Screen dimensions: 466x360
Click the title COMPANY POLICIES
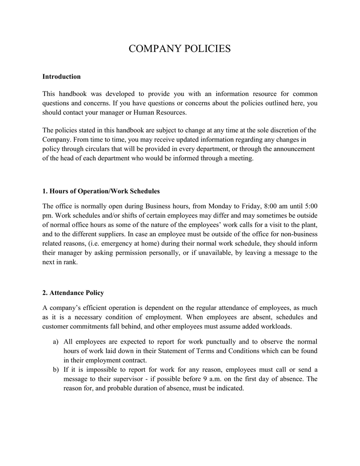[180, 49]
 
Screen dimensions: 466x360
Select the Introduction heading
[61, 76]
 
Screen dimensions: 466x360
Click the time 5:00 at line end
[309, 205]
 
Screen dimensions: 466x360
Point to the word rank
[70, 263]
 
